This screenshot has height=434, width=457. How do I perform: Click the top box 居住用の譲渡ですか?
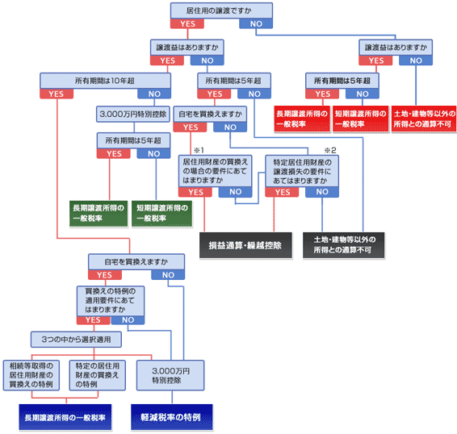pos(221,10)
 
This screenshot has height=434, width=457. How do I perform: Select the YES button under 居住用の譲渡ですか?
pos(187,23)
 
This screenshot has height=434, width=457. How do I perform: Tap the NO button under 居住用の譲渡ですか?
pos(256,23)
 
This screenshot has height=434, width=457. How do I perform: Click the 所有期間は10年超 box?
pos(105,81)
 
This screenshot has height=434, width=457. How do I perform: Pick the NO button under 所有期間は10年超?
pos(154,94)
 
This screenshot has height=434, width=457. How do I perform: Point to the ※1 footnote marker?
pos(199,150)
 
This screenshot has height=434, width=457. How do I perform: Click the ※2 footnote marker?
pos(330,150)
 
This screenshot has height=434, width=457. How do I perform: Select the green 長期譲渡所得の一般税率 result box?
pos(99,214)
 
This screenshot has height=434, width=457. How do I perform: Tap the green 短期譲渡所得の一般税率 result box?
pos(162,214)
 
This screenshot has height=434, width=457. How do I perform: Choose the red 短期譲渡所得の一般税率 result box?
pos(361,119)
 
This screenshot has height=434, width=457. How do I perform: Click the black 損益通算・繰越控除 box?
pos(245,245)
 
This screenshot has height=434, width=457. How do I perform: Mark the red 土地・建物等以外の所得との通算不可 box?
pos(424,119)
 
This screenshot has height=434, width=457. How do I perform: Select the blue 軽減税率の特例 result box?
pos(172,417)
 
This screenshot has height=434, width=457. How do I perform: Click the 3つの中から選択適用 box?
pos(76,340)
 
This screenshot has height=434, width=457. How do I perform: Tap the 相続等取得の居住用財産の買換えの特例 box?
pos(31,375)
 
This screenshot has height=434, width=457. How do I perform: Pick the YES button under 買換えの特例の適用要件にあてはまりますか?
pos(94,319)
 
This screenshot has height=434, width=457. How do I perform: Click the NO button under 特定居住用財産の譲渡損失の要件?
pos(322,192)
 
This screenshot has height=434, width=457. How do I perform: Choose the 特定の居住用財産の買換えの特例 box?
pos(98,375)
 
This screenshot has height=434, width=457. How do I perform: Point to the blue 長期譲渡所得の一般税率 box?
pos(65,417)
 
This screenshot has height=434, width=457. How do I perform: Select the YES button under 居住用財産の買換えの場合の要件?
pos(195,192)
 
